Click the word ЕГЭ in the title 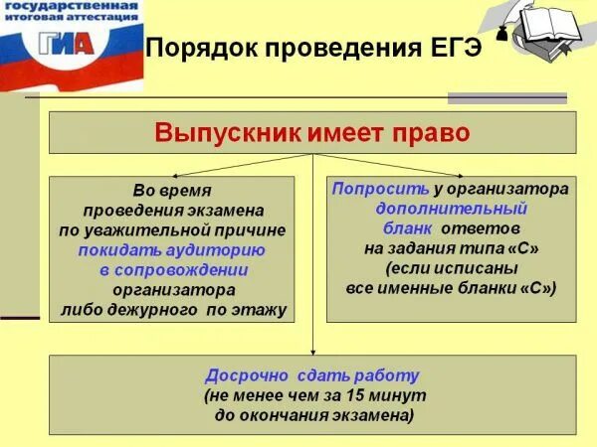(451, 48)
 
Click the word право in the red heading (430, 132)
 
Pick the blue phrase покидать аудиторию (171, 250)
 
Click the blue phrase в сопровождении (173, 270)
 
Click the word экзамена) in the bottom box (373, 415)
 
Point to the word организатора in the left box (173, 290)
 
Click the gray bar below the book (506, 98)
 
